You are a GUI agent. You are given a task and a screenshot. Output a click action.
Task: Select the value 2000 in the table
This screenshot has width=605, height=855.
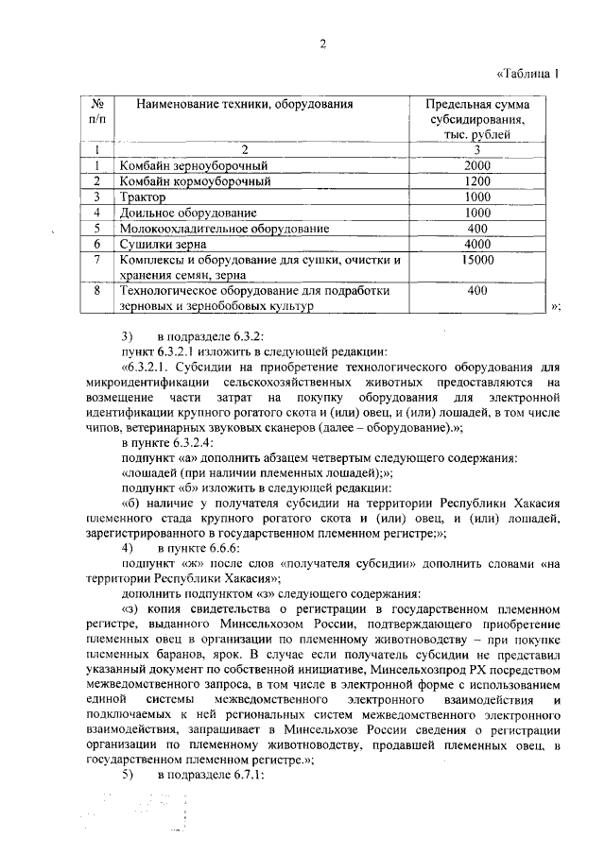(x=477, y=165)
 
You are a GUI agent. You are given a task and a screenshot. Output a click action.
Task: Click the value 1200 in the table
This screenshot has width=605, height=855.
(x=477, y=181)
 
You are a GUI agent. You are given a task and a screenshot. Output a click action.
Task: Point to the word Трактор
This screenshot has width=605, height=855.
(x=143, y=197)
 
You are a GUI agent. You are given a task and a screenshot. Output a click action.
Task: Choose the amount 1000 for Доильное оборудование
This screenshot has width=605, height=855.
(x=477, y=213)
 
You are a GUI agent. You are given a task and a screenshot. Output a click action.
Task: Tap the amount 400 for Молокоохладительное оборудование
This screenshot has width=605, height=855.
(x=477, y=229)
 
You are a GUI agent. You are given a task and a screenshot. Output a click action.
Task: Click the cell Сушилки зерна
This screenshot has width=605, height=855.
(x=157, y=245)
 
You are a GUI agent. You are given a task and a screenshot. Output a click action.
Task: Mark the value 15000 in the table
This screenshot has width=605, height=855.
(x=477, y=260)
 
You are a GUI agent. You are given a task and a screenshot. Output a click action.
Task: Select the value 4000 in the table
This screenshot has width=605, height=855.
(x=477, y=245)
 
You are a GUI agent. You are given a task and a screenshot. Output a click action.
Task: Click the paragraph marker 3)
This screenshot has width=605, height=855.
(x=130, y=337)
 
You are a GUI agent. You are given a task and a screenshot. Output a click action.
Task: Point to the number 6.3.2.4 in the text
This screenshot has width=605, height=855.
(x=193, y=442)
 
